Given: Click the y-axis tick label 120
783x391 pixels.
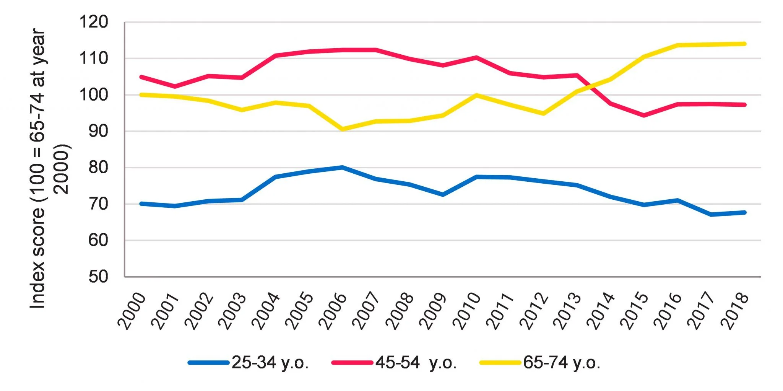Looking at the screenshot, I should (93, 22).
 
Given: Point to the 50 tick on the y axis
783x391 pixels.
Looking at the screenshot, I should (98, 277).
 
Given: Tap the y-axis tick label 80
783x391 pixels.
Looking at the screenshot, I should (98, 168).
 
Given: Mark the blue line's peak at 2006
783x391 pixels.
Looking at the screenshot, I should (343, 167).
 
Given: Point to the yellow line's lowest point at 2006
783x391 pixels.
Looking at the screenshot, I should (343, 129).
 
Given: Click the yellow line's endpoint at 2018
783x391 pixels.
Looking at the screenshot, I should (744, 44).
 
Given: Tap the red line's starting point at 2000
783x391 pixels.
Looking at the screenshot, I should (141, 77).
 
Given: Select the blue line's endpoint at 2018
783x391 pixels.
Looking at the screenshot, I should (744, 212).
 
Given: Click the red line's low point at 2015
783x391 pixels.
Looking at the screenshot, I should (644, 115).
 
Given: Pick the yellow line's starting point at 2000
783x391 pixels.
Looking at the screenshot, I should (141, 94).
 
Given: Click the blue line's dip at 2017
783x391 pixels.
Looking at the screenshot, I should (711, 215).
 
